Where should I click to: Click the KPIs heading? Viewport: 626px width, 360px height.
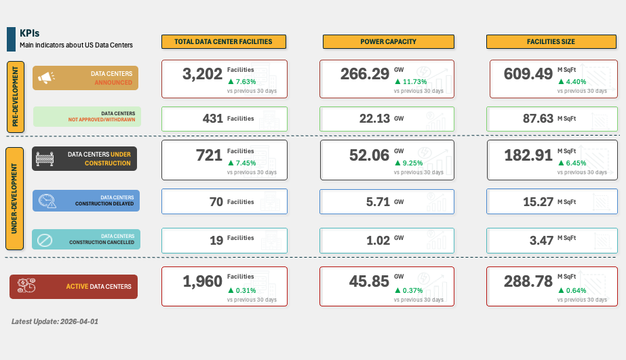click(30, 33)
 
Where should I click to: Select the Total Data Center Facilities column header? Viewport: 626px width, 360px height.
click(223, 41)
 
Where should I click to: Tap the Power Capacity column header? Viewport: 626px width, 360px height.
click(388, 41)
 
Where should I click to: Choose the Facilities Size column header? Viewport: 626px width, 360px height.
click(551, 41)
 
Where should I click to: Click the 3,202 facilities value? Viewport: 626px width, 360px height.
click(202, 74)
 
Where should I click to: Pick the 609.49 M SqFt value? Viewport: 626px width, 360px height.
click(528, 74)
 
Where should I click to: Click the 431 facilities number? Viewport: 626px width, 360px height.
click(213, 119)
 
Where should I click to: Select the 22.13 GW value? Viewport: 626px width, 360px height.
click(374, 119)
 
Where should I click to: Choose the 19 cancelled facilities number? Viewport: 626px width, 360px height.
click(216, 240)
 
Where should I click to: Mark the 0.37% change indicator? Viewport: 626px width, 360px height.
click(408, 290)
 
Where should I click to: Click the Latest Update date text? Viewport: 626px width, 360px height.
click(55, 321)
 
